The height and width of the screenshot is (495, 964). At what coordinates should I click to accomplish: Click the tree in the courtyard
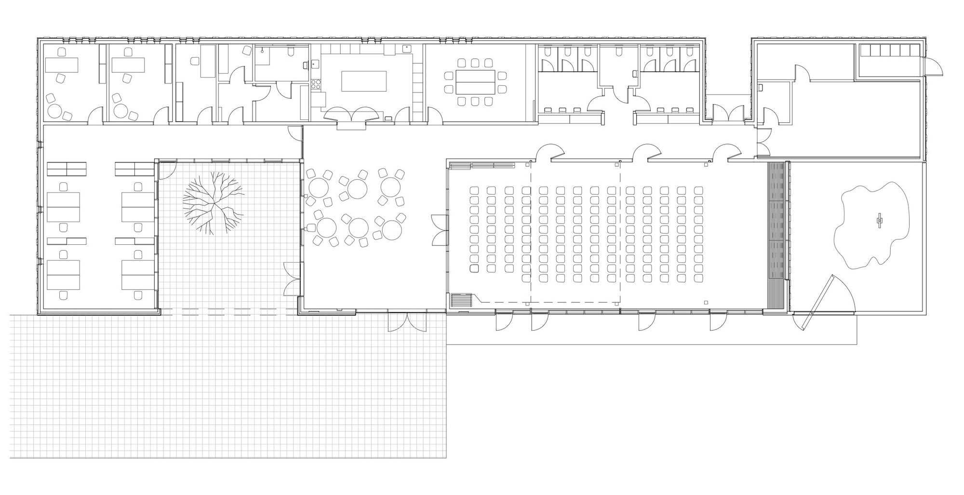[x=213, y=203]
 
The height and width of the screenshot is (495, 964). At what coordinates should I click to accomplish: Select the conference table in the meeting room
[x=475, y=82]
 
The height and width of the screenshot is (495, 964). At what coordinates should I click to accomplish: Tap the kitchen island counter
[x=364, y=81]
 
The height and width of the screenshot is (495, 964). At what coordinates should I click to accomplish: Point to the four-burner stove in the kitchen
[x=316, y=85]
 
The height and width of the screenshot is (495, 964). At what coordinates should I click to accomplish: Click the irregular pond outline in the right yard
[x=873, y=224]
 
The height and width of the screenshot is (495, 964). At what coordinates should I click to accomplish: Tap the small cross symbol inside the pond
[x=881, y=221]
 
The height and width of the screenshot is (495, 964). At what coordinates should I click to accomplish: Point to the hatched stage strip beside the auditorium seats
[x=776, y=235]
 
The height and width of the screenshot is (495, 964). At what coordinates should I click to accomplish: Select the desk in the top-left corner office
[x=62, y=65]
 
